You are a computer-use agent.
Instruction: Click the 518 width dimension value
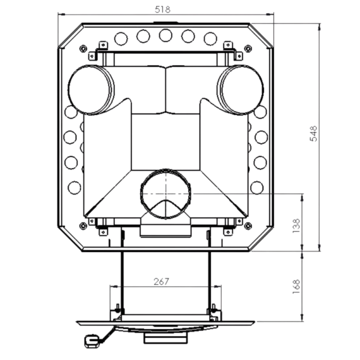coord(162,9)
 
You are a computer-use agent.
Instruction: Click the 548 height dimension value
coord(313,134)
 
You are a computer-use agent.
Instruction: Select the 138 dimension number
coord(296,226)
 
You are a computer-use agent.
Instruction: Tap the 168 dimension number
coord(296,286)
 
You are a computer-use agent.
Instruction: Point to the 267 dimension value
coord(161,282)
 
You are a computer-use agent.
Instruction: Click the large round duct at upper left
coord(91,90)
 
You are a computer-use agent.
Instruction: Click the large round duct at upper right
coord(240,90)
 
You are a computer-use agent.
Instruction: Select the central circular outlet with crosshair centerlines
coord(165,194)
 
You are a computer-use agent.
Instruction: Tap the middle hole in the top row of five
coord(165,35)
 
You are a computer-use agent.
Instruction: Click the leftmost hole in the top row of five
coord(121,39)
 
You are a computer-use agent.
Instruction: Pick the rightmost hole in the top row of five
coord(210,39)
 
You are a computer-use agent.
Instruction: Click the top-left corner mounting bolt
coord(83,49)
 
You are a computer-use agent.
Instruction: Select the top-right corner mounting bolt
coord(248,49)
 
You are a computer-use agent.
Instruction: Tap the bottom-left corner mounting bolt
coord(83,226)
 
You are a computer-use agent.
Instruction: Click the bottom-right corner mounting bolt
coord(248,226)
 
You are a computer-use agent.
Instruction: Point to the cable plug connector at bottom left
coord(92,341)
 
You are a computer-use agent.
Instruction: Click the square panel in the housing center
coord(165,142)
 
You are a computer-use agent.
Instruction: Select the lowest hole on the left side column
coord(75,188)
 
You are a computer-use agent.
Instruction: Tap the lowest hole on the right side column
coord(257,188)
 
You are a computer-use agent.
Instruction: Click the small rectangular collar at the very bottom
coord(165,338)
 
